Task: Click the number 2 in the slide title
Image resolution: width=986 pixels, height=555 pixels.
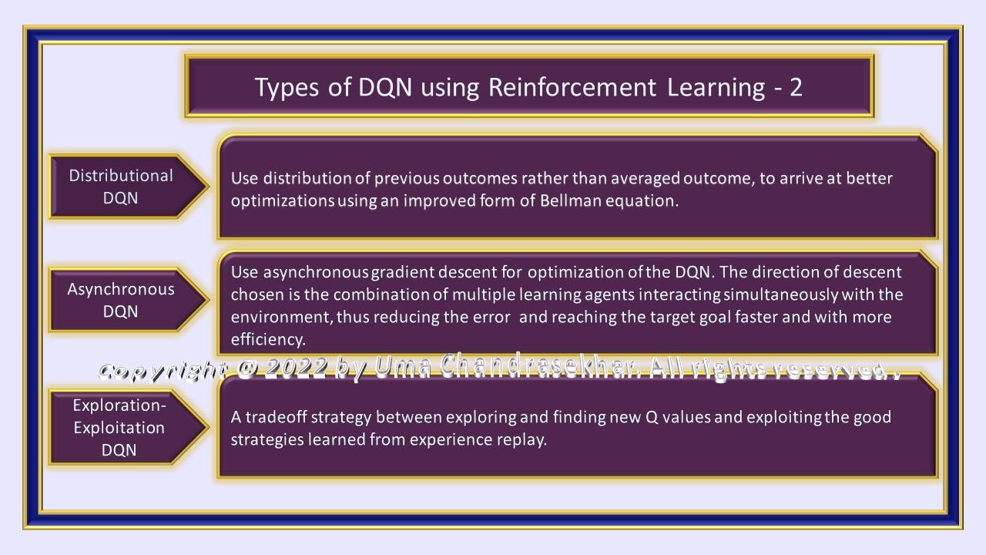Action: click(x=796, y=87)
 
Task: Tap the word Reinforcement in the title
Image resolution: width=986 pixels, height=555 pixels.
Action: click(x=572, y=87)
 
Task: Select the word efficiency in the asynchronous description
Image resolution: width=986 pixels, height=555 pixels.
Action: click(x=267, y=339)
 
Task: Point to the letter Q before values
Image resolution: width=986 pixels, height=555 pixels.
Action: click(x=652, y=417)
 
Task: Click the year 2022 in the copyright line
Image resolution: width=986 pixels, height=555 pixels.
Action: click(x=295, y=368)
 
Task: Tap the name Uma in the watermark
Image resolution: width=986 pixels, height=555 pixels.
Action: click(x=403, y=366)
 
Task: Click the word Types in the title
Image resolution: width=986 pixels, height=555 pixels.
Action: click(x=287, y=88)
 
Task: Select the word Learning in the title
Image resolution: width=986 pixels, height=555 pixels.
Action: click(x=716, y=88)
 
